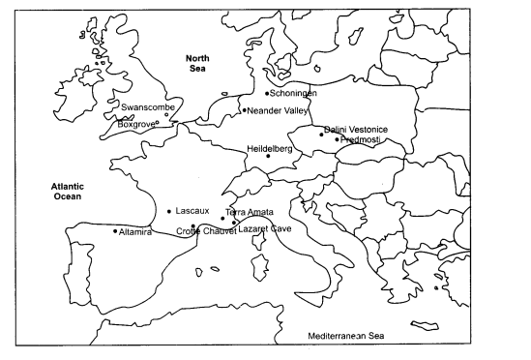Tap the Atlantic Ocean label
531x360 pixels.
pos(68,190)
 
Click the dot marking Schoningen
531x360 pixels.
pos(267,93)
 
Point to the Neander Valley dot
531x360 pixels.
pos(244,110)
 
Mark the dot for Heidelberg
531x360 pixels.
pos(269,156)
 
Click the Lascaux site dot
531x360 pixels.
pos(169,211)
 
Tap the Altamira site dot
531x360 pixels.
pos(115,230)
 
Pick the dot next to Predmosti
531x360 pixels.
pos(337,139)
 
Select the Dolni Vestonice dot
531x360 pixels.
pos(321,134)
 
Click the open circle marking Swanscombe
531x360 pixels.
pos(166,114)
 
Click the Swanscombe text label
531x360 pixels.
pos(143,107)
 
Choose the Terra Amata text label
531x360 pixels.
pos(250,211)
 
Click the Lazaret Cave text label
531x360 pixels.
pos(265,228)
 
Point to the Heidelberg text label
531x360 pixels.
pos(270,147)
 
